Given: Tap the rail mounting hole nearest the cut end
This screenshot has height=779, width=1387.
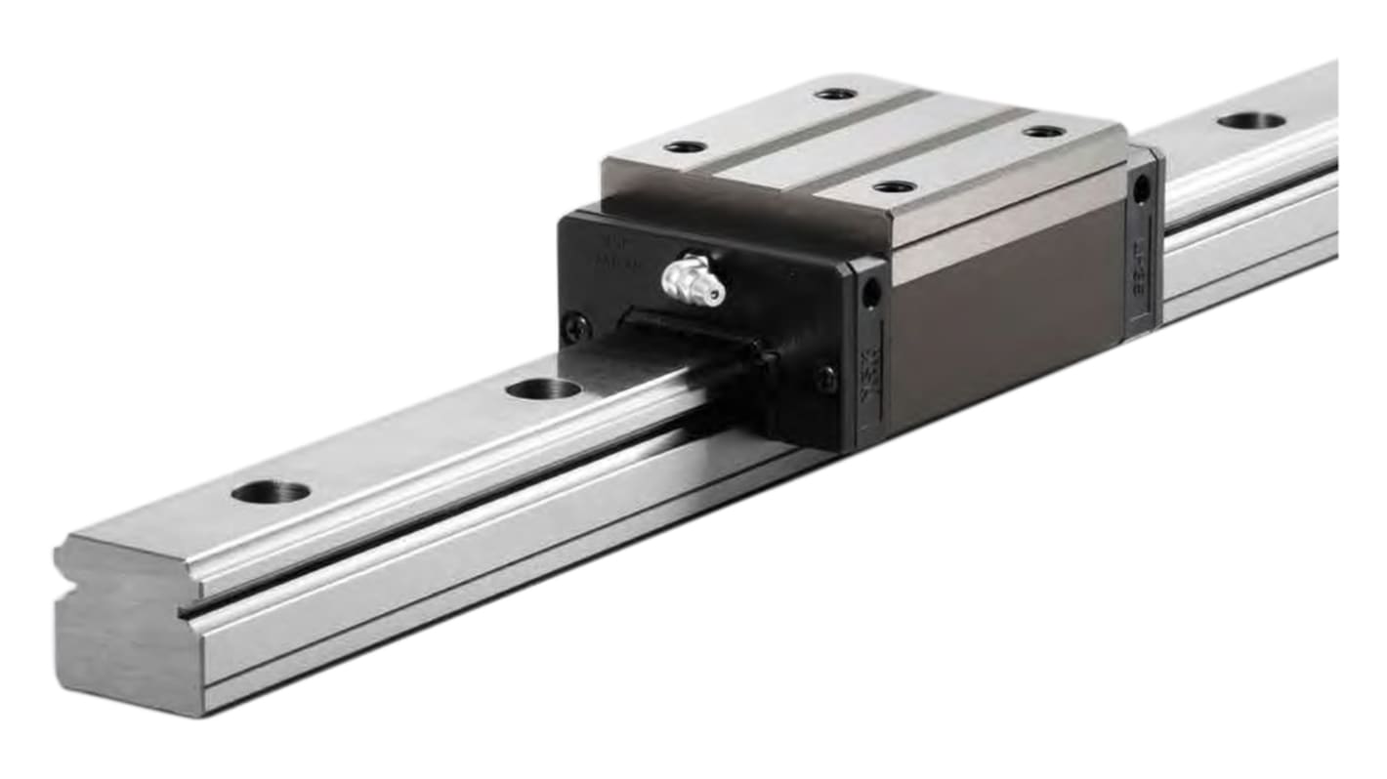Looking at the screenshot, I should [271, 491].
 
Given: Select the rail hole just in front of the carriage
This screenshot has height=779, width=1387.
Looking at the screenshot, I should [543, 389].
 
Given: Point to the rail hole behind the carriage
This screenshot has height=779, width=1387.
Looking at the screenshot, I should [1251, 120].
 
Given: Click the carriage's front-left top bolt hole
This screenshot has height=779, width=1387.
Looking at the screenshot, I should [685, 146].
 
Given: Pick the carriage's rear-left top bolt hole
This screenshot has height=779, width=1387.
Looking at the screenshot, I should [835, 94].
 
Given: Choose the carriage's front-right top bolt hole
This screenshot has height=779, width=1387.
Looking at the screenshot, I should [894, 186].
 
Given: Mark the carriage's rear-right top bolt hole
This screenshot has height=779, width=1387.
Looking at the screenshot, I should [1044, 131].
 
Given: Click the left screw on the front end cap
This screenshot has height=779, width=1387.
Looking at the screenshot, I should [577, 327].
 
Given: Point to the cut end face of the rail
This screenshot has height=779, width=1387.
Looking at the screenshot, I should [127, 644].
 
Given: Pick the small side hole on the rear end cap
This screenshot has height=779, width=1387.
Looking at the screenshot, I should [1141, 189].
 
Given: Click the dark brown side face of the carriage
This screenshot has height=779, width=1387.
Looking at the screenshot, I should [1006, 312].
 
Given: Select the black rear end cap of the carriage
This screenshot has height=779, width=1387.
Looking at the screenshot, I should [1142, 244].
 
